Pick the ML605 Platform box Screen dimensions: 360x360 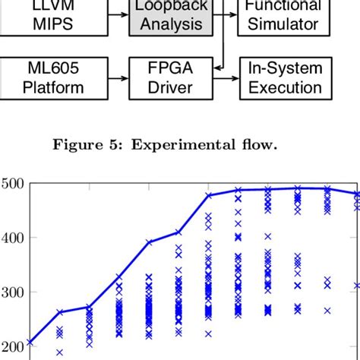point(53,77)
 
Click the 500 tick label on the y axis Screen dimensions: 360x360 point(14,183)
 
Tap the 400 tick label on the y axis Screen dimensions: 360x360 point(14,238)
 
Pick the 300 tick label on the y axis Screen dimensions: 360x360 point(14,292)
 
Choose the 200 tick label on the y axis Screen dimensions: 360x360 point(14,347)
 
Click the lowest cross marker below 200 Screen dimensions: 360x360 point(59,352)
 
